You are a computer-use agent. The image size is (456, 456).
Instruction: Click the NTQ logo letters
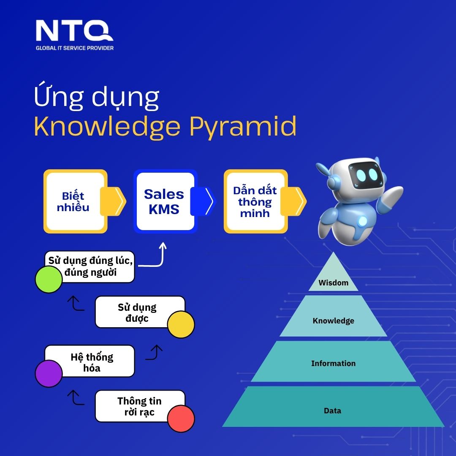(x=74, y=30)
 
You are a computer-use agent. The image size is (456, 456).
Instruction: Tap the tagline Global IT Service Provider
(x=75, y=48)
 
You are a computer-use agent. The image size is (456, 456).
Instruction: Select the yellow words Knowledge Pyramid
(x=165, y=127)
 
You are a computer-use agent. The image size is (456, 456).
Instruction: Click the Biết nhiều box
(x=75, y=201)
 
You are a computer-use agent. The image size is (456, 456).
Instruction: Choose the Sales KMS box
(x=166, y=201)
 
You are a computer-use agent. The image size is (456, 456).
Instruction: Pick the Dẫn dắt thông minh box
(x=255, y=201)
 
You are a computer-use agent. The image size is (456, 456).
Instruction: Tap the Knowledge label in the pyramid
(x=333, y=320)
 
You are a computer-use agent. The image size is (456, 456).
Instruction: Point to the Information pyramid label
(x=333, y=363)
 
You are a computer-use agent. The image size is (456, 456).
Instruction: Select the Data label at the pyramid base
(x=332, y=411)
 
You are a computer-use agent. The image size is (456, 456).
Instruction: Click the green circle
(x=49, y=279)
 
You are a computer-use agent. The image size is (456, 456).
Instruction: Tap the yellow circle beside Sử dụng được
(x=181, y=324)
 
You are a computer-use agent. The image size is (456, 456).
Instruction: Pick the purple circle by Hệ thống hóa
(x=49, y=373)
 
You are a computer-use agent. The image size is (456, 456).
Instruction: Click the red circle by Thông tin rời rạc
(x=181, y=418)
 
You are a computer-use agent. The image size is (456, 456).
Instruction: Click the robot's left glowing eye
(x=361, y=174)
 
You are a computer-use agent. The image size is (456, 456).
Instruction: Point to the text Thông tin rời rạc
(x=139, y=407)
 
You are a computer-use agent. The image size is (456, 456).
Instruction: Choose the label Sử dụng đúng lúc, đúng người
(x=90, y=266)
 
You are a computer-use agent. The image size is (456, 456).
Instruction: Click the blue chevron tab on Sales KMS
(x=203, y=201)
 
